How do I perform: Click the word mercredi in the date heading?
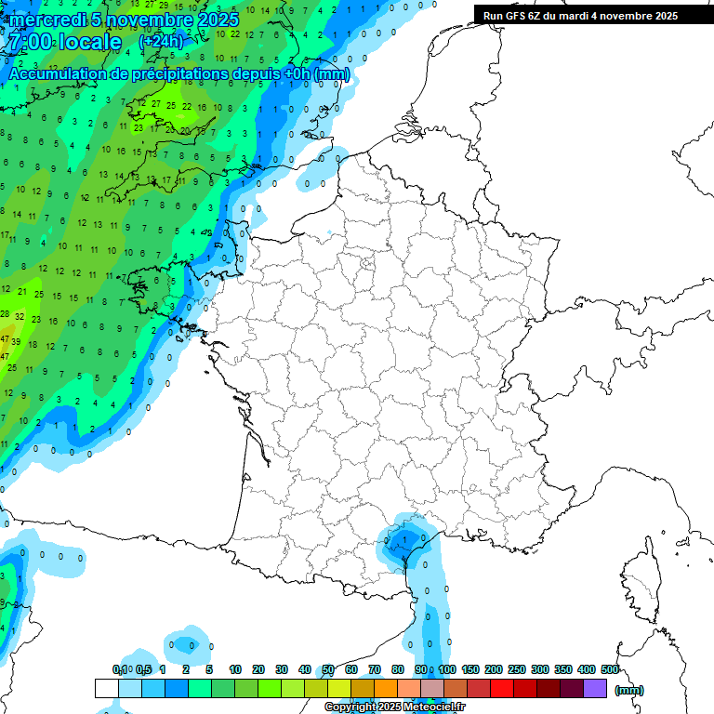tap(46, 20)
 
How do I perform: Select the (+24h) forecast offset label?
tap(160, 42)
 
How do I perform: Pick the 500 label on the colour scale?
tap(610, 669)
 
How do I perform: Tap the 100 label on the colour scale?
tap(447, 669)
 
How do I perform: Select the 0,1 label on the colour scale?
tap(120, 669)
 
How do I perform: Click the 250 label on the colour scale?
tap(517, 669)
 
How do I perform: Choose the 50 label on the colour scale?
tap(328, 669)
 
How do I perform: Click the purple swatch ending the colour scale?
tap(595, 688)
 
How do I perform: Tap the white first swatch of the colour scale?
tap(106, 688)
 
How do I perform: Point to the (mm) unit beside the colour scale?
tap(629, 690)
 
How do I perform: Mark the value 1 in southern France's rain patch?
tap(406, 538)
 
